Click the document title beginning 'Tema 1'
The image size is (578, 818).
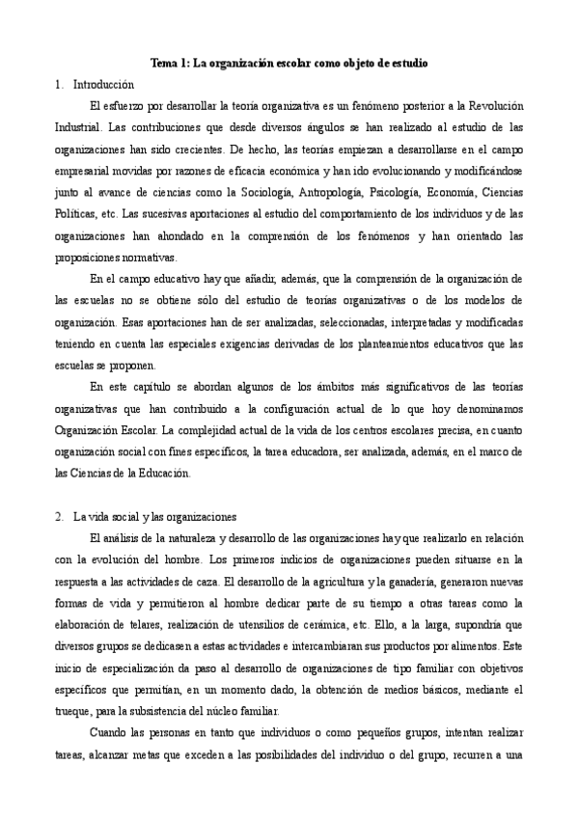coord(289,63)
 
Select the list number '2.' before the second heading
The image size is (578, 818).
coord(60,516)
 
